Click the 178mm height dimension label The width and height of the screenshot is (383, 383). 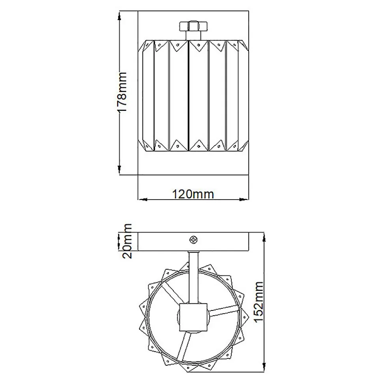(x=122, y=92)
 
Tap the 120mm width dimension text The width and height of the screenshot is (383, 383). (x=193, y=194)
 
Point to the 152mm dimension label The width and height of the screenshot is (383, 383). (x=259, y=302)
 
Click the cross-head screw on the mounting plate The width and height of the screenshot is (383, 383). (x=194, y=240)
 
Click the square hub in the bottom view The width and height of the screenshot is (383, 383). (x=193, y=317)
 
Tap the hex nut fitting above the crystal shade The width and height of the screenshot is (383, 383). (x=193, y=26)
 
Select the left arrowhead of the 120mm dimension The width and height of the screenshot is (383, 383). (x=143, y=200)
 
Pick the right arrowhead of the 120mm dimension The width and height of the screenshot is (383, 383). (x=244, y=200)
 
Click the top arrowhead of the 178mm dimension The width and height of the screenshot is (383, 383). (x=119, y=16)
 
